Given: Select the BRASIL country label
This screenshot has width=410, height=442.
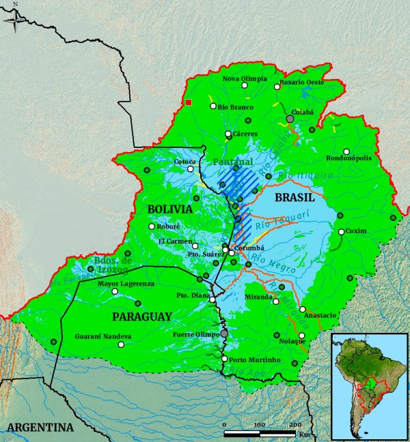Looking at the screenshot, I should pos(293,197).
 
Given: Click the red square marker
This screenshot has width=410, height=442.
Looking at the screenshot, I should pos(189,102).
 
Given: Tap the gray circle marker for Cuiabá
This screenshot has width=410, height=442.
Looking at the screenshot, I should pos(290,119).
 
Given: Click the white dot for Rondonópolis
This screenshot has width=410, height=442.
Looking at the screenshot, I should pos(346,151).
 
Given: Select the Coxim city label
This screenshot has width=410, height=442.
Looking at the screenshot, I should pos(356,231).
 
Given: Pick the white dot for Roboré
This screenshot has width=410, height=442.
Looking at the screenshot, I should pos(152,226).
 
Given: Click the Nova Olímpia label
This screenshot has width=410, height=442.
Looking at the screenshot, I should pos(245,79).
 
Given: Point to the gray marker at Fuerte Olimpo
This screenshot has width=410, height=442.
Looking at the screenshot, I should pos(223,334).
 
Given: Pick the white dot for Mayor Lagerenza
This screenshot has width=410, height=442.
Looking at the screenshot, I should pos(115,292).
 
